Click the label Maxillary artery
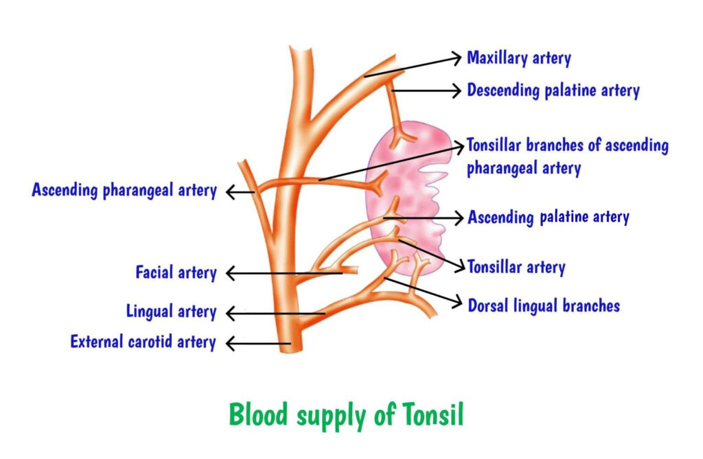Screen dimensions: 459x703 (x=518, y=58)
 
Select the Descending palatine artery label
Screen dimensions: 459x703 (x=553, y=90)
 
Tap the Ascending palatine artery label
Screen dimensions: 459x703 (x=548, y=217)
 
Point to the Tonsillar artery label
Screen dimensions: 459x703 (x=516, y=267)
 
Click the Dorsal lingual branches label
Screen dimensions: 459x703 (x=544, y=305)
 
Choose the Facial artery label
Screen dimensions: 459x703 (x=176, y=273)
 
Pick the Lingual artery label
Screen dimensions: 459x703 (x=171, y=312)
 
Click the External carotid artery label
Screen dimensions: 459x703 (x=143, y=342)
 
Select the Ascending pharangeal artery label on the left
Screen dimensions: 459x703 (x=124, y=190)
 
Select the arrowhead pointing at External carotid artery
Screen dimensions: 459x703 (x=230, y=342)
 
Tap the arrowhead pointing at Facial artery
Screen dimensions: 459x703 (x=230, y=274)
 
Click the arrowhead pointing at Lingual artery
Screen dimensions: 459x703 (x=230, y=314)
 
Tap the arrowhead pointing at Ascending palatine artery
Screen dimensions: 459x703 (x=459, y=217)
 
